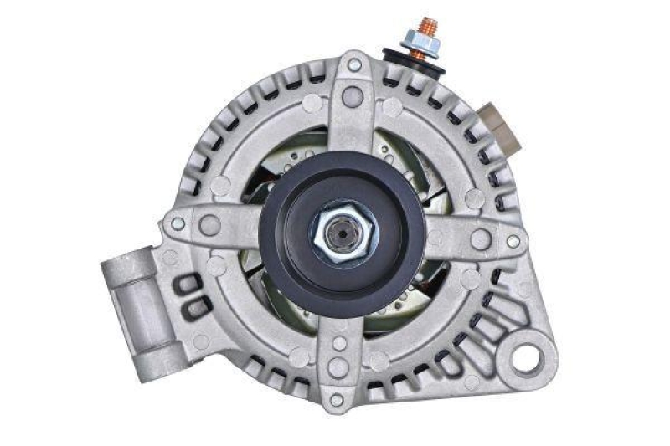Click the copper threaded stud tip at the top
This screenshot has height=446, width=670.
pos(428,24)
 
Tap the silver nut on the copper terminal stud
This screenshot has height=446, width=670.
pos(417,40)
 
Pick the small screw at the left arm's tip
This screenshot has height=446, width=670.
pos(178,223)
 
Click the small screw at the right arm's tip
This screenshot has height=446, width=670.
pos(513,241)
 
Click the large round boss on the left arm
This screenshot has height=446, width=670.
pos(210,224)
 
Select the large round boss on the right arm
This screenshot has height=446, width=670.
pos(480,238)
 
